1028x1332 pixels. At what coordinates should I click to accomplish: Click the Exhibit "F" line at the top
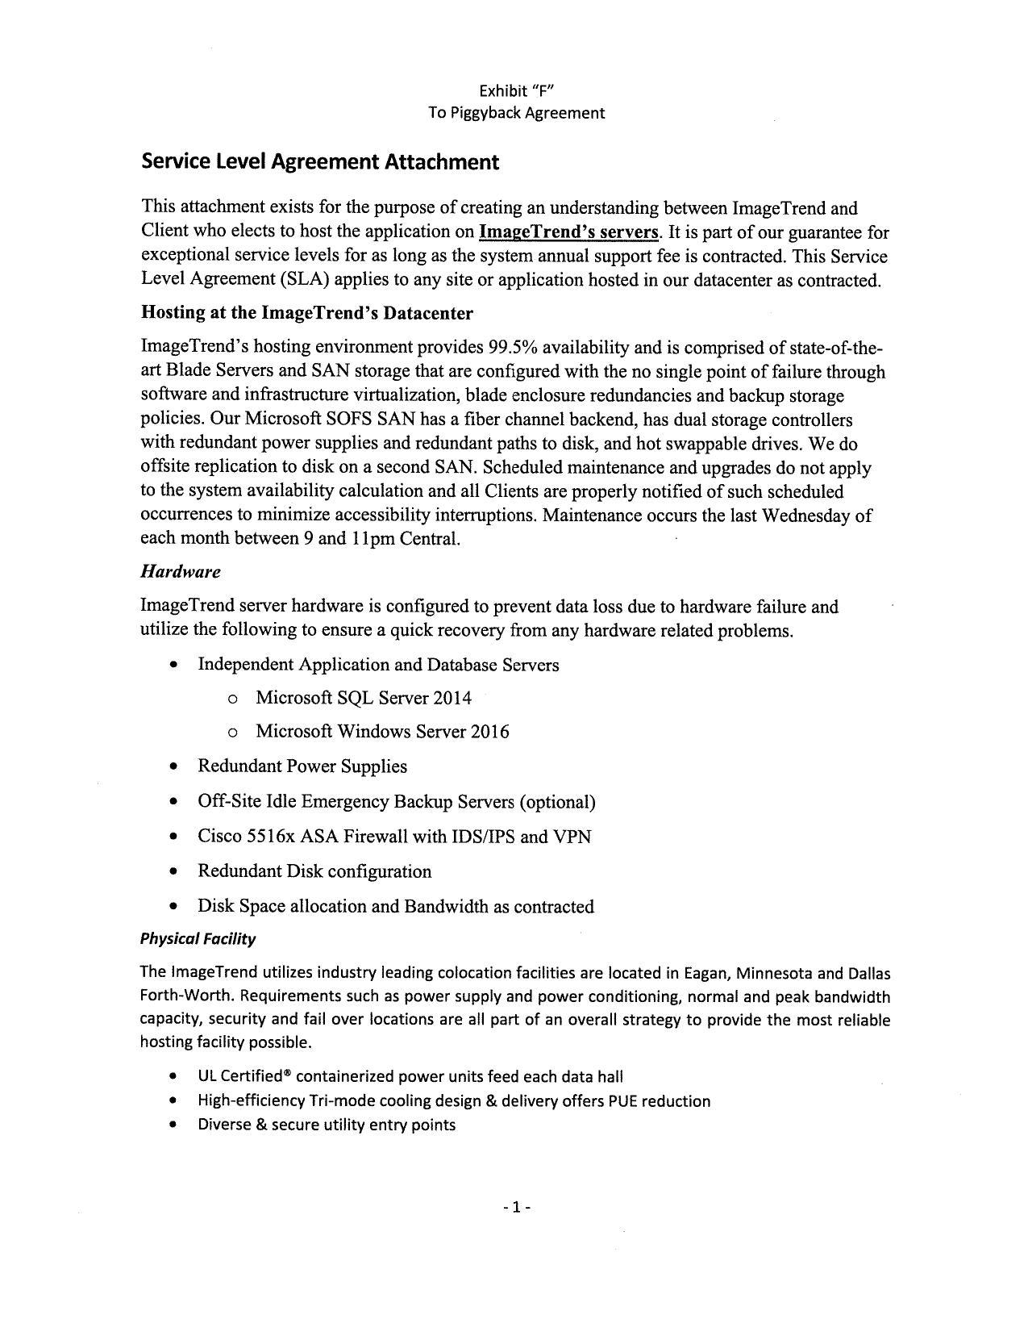click(516, 90)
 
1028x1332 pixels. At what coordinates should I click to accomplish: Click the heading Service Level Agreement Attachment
click(320, 162)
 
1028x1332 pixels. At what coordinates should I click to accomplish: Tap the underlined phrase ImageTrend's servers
click(568, 232)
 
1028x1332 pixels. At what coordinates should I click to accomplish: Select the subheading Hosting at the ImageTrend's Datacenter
click(306, 312)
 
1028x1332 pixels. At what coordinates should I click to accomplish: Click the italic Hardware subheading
click(180, 572)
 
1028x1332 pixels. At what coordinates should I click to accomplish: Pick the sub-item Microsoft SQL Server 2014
click(363, 698)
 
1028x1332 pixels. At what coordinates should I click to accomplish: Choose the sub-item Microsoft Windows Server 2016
click(382, 732)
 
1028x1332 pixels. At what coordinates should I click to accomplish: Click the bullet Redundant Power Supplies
click(302, 766)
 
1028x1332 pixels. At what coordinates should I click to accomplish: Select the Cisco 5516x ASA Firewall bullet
click(394, 837)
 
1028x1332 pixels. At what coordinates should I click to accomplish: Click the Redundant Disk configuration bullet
click(314, 871)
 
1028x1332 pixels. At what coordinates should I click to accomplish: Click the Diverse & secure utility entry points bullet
click(327, 1125)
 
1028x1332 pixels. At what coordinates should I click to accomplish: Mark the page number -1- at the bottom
click(516, 1208)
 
